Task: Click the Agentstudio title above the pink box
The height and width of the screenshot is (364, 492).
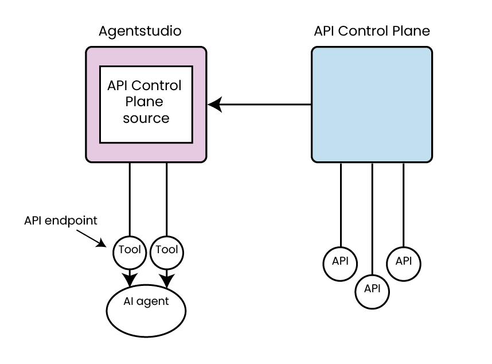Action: (x=140, y=31)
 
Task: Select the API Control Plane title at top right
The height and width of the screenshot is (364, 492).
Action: (x=372, y=31)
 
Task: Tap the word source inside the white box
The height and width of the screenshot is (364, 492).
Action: (x=146, y=119)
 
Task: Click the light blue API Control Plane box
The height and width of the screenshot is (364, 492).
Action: (x=372, y=104)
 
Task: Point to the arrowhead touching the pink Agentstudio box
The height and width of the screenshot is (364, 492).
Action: (x=214, y=104)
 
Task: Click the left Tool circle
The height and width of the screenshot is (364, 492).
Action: (x=130, y=250)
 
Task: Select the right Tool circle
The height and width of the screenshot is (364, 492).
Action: (x=167, y=250)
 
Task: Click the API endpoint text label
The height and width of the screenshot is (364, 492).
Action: (x=61, y=220)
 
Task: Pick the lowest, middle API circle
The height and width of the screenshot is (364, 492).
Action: (x=372, y=288)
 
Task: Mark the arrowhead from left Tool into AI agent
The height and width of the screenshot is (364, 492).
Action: (x=130, y=280)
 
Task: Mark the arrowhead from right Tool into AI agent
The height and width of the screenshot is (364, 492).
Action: (x=167, y=281)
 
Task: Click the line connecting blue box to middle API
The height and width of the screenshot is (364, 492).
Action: (x=373, y=218)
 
